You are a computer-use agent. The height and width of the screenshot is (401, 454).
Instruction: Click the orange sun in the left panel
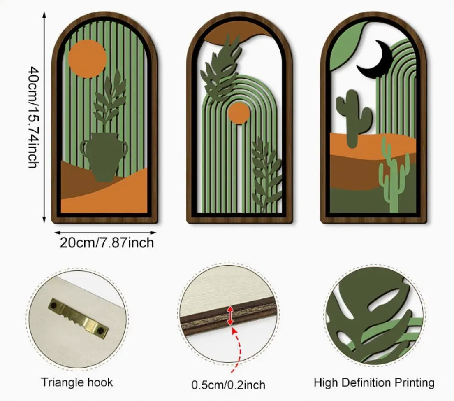coord(87,59)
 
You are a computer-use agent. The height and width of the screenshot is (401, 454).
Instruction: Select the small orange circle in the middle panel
coord(239,113)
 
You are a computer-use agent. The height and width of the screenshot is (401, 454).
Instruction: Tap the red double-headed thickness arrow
coord(230,315)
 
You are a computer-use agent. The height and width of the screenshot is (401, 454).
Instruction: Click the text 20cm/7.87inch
coord(107,242)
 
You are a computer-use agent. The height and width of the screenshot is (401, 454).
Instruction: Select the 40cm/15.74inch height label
coord(33,117)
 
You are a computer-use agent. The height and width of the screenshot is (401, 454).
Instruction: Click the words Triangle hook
coord(77,382)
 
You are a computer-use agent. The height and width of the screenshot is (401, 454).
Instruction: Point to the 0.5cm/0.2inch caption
coord(229,385)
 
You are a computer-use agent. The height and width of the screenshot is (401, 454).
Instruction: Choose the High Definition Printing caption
coord(374,382)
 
